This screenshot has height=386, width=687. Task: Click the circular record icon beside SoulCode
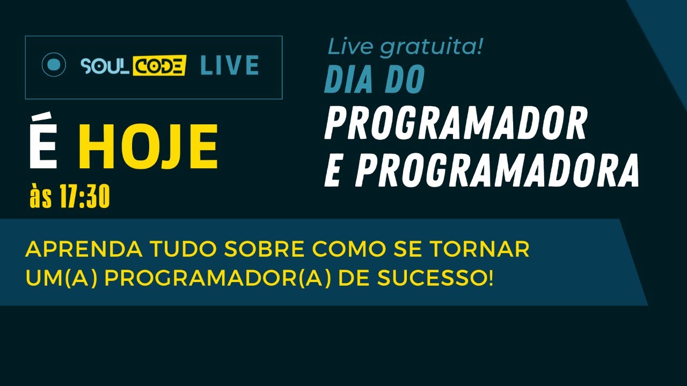click(54, 65)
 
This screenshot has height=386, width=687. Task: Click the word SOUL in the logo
click(99, 66)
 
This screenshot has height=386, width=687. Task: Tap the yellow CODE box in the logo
click(159, 65)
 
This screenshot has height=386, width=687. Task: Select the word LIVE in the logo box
click(229, 65)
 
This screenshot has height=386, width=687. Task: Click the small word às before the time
click(41, 198)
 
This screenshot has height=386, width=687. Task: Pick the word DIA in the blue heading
click(352, 80)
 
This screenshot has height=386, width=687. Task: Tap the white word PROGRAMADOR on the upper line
click(455, 123)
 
